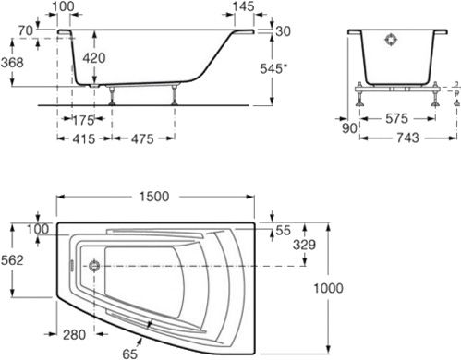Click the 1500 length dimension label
click(154, 197)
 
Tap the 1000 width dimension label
click(328, 288)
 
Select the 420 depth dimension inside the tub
click(94, 58)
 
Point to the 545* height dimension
click(273, 68)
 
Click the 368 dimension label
click(12, 63)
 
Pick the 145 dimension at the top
click(244, 6)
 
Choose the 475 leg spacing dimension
click(142, 139)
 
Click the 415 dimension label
click(84, 139)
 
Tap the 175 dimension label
click(83, 120)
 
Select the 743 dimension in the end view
click(407, 138)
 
